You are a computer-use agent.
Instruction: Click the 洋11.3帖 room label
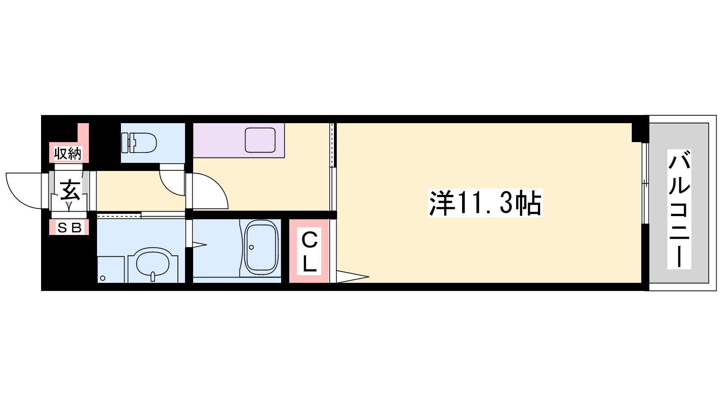485,203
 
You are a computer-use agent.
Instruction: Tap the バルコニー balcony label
679,209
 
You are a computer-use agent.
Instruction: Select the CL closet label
309,251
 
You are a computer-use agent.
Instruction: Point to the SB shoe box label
69,228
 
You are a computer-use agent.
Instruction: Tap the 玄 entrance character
70,191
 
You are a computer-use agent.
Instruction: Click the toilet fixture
139,143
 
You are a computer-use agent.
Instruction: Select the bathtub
261,248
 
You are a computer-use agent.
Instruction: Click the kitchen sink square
260,140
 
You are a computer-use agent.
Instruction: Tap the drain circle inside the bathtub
251,247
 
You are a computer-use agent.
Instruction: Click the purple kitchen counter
239,140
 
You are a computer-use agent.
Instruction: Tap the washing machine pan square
111,270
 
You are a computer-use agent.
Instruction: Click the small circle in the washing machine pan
103,278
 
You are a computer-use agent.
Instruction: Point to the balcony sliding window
645,183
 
